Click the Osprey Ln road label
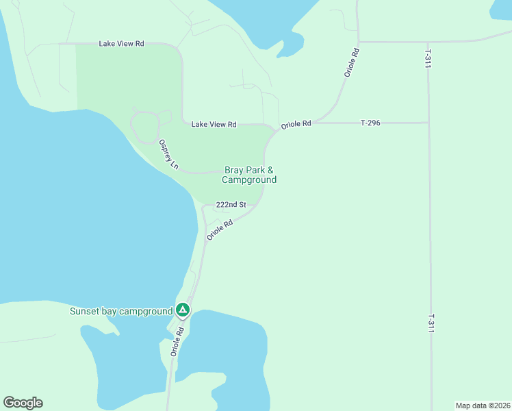pyautogui.click(x=168, y=155)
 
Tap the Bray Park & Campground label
pyautogui.click(x=249, y=175)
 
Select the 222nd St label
pyautogui.click(x=231, y=205)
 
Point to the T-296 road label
pyautogui.click(x=370, y=123)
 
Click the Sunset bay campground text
pyautogui.click(x=121, y=311)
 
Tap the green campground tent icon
pyautogui.click(x=183, y=310)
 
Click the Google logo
pyautogui.click(x=23, y=403)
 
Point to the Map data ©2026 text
pyautogui.click(x=483, y=405)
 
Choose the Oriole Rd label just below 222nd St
pyautogui.click(x=220, y=229)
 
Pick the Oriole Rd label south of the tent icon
pyautogui.click(x=177, y=340)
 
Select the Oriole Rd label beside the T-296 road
pyautogui.click(x=296, y=124)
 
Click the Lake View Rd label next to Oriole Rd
pyautogui.click(x=214, y=125)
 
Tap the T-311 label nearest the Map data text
pyautogui.click(x=431, y=323)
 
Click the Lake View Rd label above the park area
pyautogui.click(x=121, y=43)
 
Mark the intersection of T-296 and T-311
pyautogui.click(x=428, y=123)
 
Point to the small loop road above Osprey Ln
pyautogui.click(x=146, y=127)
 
